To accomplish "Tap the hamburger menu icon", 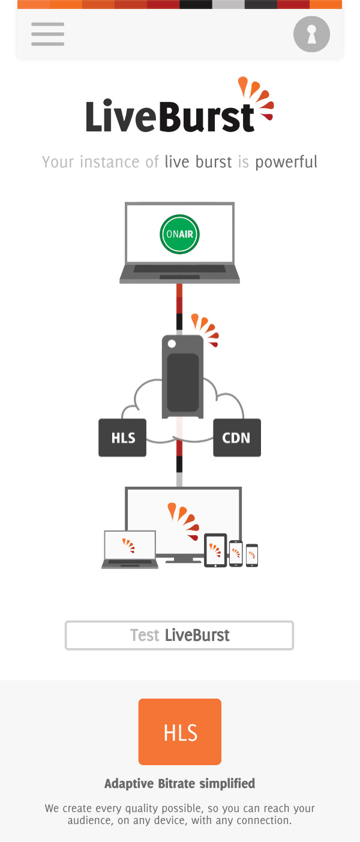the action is click(x=48, y=34).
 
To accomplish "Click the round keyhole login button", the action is click(x=311, y=34).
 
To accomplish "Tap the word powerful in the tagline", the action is click(x=286, y=163).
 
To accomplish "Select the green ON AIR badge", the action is click(x=179, y=234).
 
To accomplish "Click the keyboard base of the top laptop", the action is click(x=179, y=274).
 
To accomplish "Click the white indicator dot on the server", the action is click(x=172, y=343).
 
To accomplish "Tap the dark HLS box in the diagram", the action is click(x=122, y=438).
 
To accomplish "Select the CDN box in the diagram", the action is click(x=237, y=438).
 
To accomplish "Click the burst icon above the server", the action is click(x=205, y=329).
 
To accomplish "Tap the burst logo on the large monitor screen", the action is click(x=184, y=521).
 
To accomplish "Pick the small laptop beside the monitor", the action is click(x=130, y=549).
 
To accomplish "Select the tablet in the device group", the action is click(x=215, y=550).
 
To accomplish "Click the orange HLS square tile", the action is click(x=179, y=732).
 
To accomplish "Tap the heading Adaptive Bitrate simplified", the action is click(x=179, y=784).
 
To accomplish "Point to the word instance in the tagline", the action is click(x=110, y=163).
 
